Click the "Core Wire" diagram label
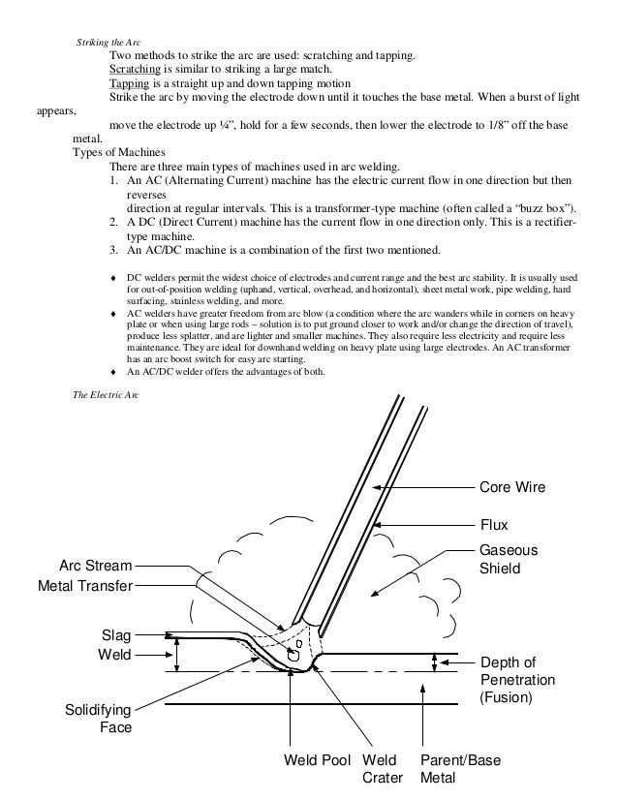coord(512,487)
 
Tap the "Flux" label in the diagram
coord(495,525)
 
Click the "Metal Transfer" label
coord(84,585)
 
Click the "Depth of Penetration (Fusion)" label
coord(518,679)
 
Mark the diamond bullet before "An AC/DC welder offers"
coord(116,372)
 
